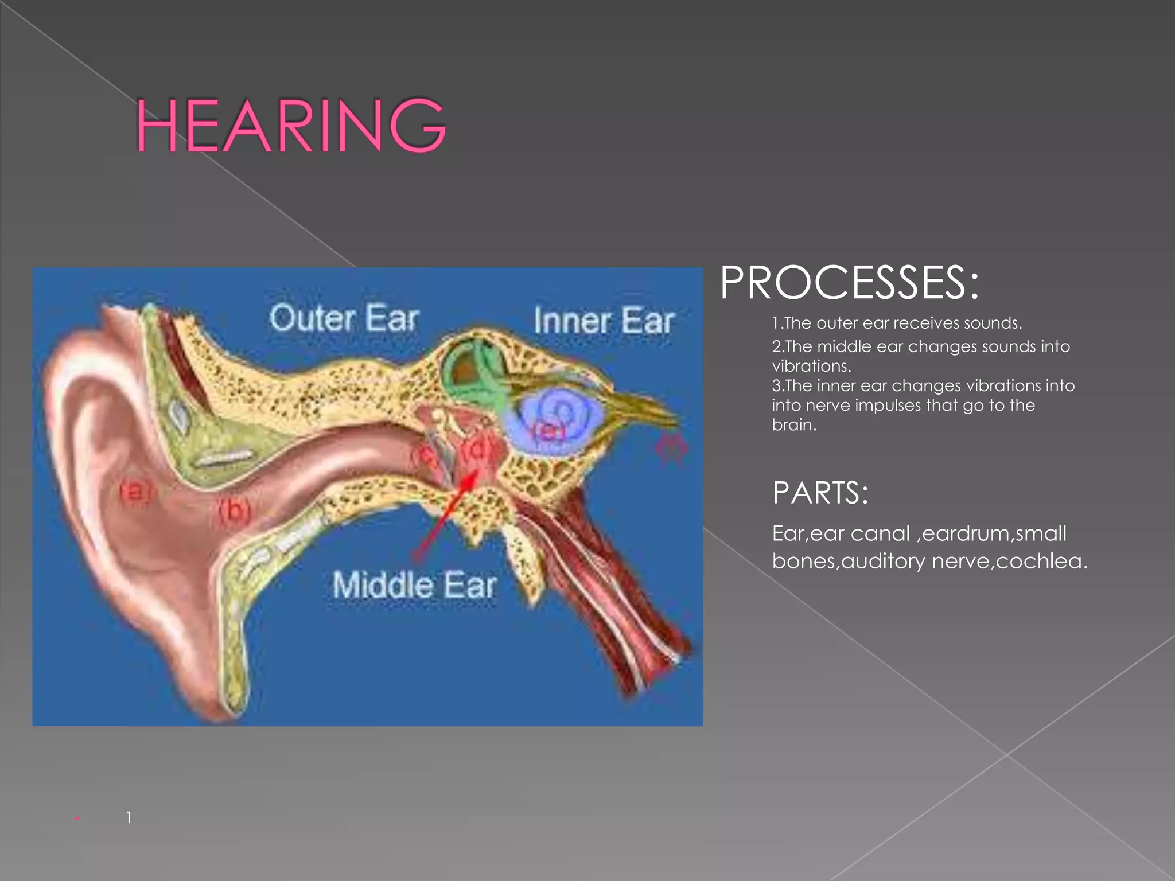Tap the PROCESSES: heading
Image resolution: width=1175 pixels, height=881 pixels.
click(x=849, y=283)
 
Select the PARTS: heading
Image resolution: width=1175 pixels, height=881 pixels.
click(x=820, y=493)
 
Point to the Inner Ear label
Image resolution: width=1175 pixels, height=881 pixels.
click(x=604, y=321)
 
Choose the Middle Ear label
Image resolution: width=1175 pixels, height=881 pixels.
click(x=414, y=586)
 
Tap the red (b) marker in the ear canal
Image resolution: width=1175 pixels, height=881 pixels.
click(x=235, y=509)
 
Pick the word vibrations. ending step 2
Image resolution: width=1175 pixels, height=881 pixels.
click(x=811, y=366)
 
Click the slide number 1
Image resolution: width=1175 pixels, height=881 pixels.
click(x=129, y=817)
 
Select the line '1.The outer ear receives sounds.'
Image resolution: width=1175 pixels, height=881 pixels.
click(x=897, y=323)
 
